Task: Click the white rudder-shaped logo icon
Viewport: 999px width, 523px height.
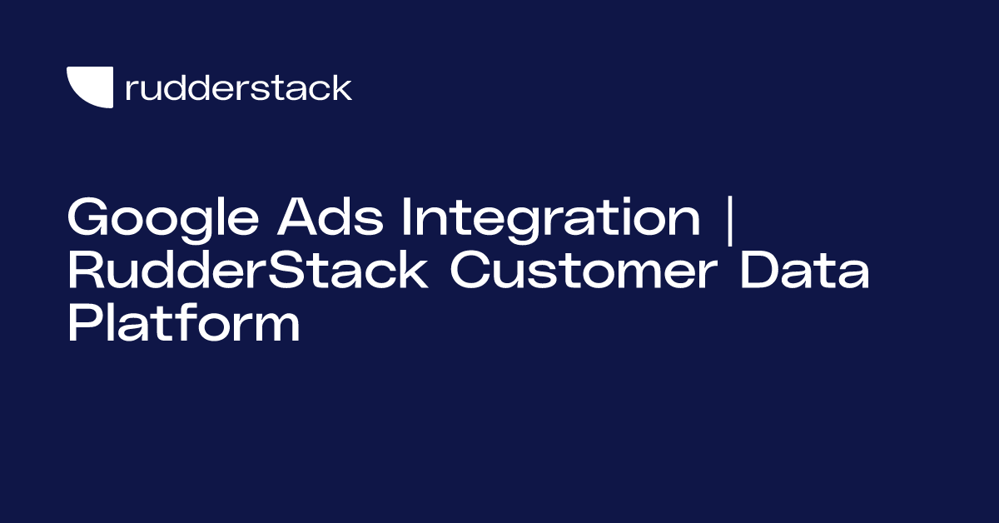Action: coord(90,87)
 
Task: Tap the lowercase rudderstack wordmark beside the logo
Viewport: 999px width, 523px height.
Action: coord(238,88)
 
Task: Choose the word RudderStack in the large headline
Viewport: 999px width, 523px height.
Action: coord(248,273)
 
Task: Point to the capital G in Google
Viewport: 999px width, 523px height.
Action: coord(87,218)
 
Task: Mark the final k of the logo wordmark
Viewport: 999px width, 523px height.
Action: coord(342,87)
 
